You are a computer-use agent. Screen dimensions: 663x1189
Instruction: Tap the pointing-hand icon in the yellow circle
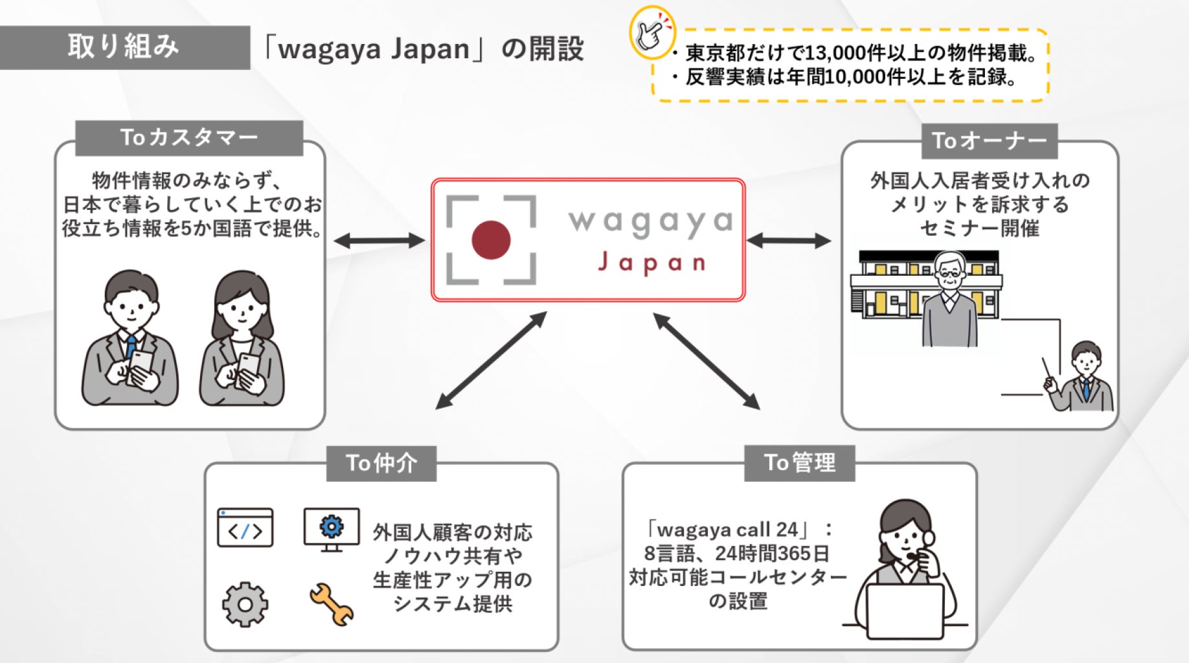[x=651, y=31]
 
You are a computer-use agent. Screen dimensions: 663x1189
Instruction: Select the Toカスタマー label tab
[x=189, y=138]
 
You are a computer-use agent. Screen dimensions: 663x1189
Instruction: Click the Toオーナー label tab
[x=989, y=140]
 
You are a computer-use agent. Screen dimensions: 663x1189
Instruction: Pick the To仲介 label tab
[x=381, y=463]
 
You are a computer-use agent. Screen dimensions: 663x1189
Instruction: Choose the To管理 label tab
[x=799, y=463]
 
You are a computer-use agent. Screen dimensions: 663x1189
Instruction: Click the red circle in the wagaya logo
[x=491, y=240]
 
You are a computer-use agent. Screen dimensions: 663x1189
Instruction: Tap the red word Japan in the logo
[x=651, y=263]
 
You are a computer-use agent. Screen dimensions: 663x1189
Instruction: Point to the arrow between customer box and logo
[x=379, y=241]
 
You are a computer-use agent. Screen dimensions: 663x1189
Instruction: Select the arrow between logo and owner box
[x=788, y=241]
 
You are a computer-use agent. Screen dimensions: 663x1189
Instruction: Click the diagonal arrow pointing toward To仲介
[x=491, y=361]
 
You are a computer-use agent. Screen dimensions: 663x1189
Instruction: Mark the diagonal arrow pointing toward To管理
[x=706, y=361]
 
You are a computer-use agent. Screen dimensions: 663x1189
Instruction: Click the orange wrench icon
[x=332, y=604]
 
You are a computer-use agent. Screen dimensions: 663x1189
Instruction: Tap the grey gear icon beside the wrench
[x=245, y=604]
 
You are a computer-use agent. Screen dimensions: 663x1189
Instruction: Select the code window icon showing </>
[x=245, y=528]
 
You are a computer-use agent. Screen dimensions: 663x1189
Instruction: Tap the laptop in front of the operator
[x=905, y=611]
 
